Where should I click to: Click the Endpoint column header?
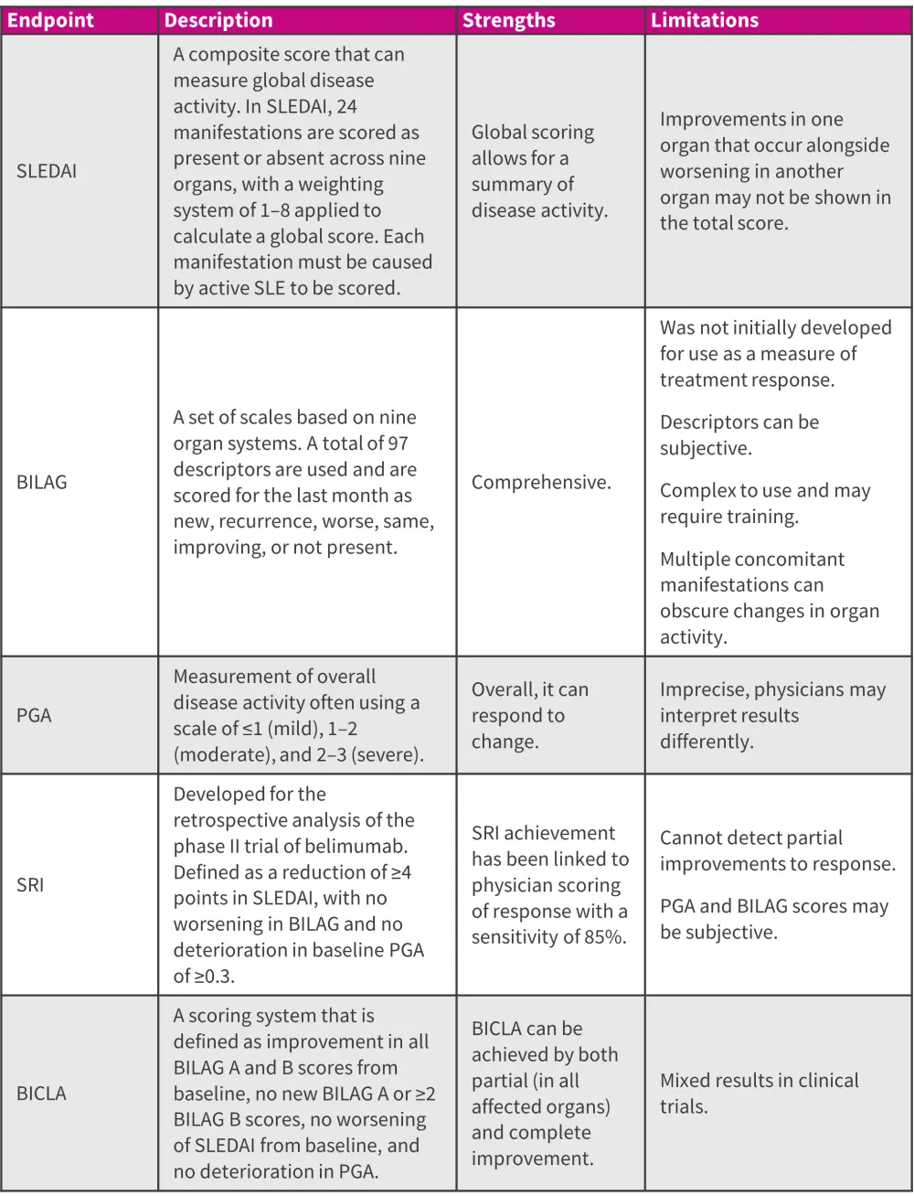(50, 20)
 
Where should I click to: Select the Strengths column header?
(508, 20)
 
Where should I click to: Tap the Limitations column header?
(704, 20)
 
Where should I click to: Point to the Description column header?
(218, 20)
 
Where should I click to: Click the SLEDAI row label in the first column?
(47, 171)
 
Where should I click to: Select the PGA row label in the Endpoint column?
(34, 715)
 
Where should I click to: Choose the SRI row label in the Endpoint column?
(30, 884)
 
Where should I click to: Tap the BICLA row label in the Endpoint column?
(41, 1093)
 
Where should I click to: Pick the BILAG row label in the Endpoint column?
(42, 482)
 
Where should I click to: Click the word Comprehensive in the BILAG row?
(540, 482)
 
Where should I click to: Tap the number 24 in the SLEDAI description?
(345, 106)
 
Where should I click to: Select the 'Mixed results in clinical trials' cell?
(759, 1093)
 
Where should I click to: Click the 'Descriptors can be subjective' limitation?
(739, 434)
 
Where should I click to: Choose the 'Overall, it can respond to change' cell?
(529, 715)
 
